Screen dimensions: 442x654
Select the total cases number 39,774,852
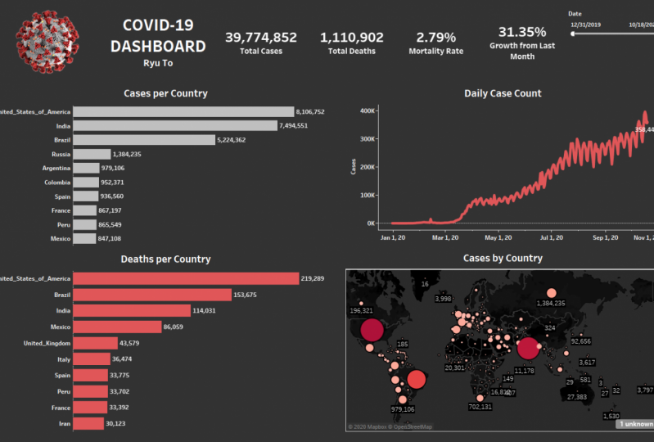(x=261, y=38)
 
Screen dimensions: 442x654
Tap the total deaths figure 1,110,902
(x=352, y=38)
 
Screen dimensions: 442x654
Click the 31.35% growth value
(x=522, y=32)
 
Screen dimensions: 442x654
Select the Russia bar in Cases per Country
(x=92, y=154)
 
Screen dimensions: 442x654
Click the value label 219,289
(x=313, y=278)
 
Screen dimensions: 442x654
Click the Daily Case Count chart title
(x=502, y=93)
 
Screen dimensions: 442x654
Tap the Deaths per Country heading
(x=165, y=259)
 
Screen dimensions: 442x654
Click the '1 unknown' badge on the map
(x=634, y=424)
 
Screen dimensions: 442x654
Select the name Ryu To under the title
(x=158, y=62)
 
